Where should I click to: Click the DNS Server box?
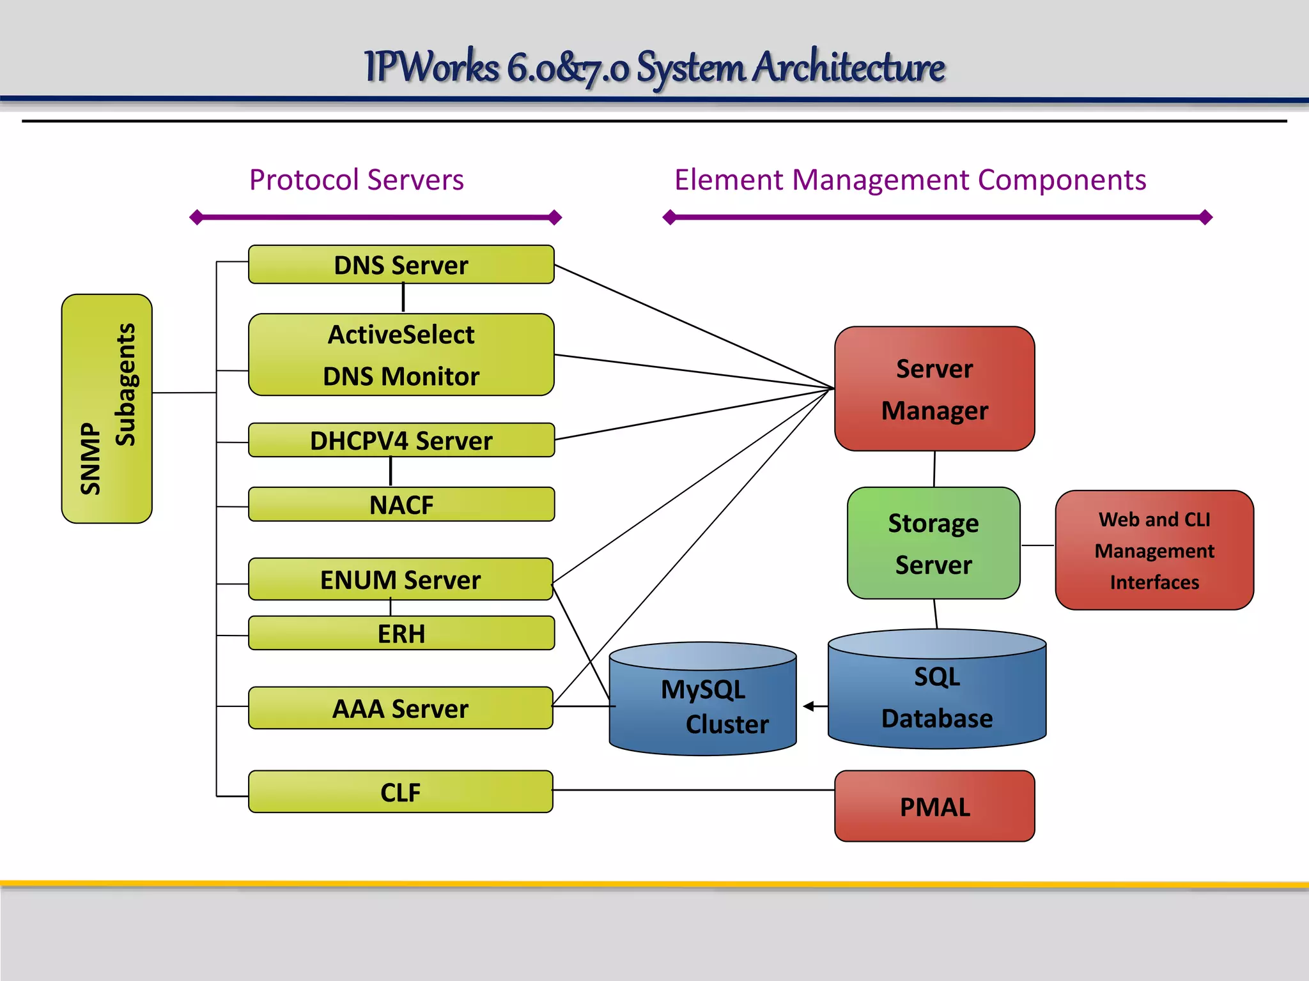pyautogui.click(x=401, y=264)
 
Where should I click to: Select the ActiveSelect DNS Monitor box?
pyautogui.click(x=401, y=354)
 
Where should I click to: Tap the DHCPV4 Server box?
pyautogui.click(x=401, y=440)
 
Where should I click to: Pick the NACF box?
pyautogui.click(x=401, y=505)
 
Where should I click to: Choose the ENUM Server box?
pyautogui.click(x=400, y=579)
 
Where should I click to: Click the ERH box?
pyautogui.click(x=401, y=633)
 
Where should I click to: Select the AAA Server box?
pyautogui.click(x=400, y=708)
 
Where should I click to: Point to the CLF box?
pyautogui.click(x=400, y=792)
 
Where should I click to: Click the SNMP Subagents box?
pyautogui.click(x=107, y=409)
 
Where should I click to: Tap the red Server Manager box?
pyautogui.click(x=934, y=388)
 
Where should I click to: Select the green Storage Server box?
pyautogui.click(x=933, y=543)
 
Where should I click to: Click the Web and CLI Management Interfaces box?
pyautogui.click(x=1154, y=550)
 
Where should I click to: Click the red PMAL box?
pyautogui.click(x=934, y=806)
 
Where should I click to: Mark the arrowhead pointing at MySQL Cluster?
pyautogui.click(x=809, y=706)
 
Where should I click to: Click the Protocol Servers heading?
pyautogui.click(x=356, y=179)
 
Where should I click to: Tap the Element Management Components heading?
pyautogui.click(x=910, y=179)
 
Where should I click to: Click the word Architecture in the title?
pyautogui.click(x=848, y=66)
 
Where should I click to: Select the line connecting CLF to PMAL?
pyautogui.click(x=693, y=790)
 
